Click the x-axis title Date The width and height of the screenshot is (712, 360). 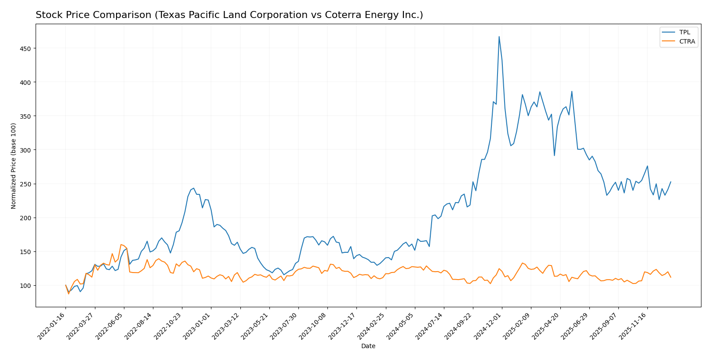[368, 346]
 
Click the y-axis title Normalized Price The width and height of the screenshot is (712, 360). [14, 166]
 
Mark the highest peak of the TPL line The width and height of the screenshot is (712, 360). [499, 36]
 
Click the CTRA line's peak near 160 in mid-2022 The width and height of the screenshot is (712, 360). [121, 244]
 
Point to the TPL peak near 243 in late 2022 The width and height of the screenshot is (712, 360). [194, 188]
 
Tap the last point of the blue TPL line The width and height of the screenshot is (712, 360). [671, 182]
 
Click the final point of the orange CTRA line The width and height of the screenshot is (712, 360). [671, 277]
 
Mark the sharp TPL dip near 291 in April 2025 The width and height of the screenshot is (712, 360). [554, 156]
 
